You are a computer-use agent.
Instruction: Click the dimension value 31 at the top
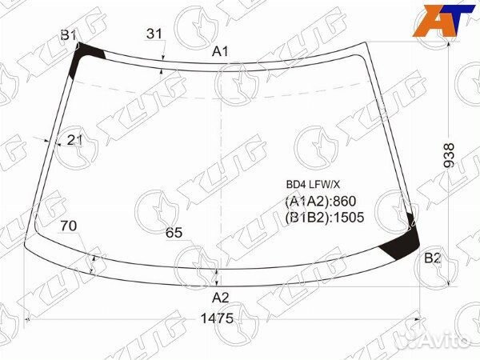(154, 34)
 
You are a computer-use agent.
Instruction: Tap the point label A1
(220, 51)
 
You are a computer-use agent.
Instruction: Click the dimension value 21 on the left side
(74, 140)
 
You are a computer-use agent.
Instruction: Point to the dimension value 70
(69, 226)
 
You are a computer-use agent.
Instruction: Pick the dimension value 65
(174, 233)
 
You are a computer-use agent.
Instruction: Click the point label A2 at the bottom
(221, 298)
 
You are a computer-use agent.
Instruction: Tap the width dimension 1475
(217, 318)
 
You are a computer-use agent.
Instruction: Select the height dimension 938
(449, 155)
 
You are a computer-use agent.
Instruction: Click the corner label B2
(432, 258)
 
